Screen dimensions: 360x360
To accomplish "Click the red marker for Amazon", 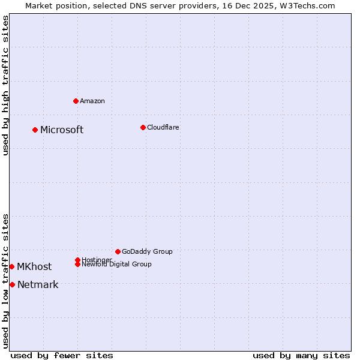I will pos(76,101).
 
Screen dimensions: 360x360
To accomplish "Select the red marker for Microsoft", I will pos(35,130).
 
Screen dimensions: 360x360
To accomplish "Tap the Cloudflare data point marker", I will pos(143,127).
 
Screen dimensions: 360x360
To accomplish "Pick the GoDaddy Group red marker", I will pos(118,251).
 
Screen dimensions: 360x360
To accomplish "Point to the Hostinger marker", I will pos(77,260).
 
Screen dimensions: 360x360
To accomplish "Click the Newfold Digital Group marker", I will pos(77,264).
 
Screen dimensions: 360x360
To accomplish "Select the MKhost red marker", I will pos(11,266).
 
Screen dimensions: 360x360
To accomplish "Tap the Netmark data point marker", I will pos(12,284).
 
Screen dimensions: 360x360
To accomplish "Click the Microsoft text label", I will pos(62,130).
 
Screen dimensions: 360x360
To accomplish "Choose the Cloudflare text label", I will pos(163,127).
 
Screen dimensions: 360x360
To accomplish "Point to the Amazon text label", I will pos(92,101).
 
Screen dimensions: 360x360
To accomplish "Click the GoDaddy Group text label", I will pos(147,251).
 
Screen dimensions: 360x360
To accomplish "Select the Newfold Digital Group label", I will pos(117,265).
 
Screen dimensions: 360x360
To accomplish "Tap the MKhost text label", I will pos(34,267).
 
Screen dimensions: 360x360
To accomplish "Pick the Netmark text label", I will pos(38,285).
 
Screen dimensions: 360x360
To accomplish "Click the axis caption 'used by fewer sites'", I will pos(62,355).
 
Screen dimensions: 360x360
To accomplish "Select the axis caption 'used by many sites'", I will pos(301,355).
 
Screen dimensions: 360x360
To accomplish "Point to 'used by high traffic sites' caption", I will pos(5,85).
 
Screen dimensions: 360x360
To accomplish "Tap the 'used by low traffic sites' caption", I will pos(5,281).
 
